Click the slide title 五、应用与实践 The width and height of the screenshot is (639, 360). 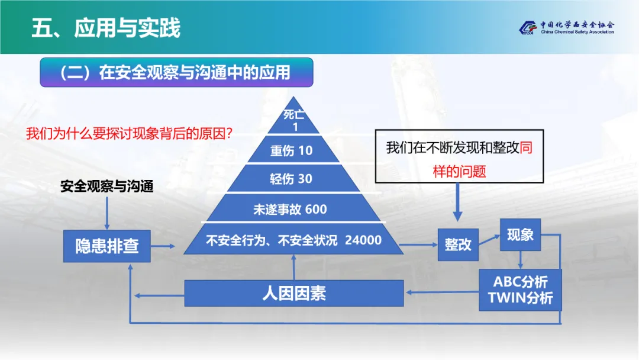pyautogui.click(x=106, y=28)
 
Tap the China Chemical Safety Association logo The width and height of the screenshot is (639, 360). pyautogui.click(x=566, y=28)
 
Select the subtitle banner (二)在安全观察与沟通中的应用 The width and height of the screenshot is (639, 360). pyautogui.click(x=176, y=72)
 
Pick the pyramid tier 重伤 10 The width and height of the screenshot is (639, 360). pyautogui.click(x=292, y=150)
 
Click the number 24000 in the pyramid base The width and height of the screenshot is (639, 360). pyautogui.click(x=363, y=240)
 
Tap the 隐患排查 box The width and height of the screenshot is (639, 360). pyautogui.click(x=107, y=246)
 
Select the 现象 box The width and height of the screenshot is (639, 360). pyautogui.click(x=520, y=235)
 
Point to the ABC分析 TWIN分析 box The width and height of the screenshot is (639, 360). pyautogui.click(x=520, y=289)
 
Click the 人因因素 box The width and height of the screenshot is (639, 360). pyautogui.click(x=294, y=293)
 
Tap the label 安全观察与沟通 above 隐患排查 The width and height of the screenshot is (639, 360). pyautogui.click(x=107, y=187)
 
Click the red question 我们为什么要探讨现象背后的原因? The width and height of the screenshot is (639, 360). pyautogui.click(x=128, y=133)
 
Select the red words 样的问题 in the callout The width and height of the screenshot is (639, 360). pyautogui.click(x=459, y=172)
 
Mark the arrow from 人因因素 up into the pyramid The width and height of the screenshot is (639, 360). pyautogui.click(x=294, y=266)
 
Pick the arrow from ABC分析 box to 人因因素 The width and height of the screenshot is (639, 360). pyautogui.click(x=441, y=292)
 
